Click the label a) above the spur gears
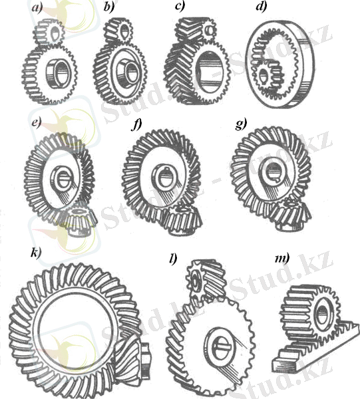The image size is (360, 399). pyautogui.click(x=37, y=8)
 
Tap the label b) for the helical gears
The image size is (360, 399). pyautogui.click(x=109, y=7)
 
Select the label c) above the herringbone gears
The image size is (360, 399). pyautogui.click(x=180, y=7)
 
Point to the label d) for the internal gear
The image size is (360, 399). pyautogui.click(x=262, y=7)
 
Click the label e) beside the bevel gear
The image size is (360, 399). pyautogui.click(x=37, y=123)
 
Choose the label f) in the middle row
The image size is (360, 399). pyautogui.click(x=136, y=125)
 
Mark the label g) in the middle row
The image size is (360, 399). pyautogui.click(x=241, y=125)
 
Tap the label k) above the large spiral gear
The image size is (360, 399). pyautogui.click(x=36, y=253)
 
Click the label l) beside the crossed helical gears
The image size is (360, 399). pyautogui.click(x=173, y=259)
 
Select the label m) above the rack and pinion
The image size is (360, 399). pyautogui.click(x=282, y=259)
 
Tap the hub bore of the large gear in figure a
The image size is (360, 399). pyautogui.click(x=59, y=74)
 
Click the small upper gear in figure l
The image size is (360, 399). pyautogui.click(x=206, y=279)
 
